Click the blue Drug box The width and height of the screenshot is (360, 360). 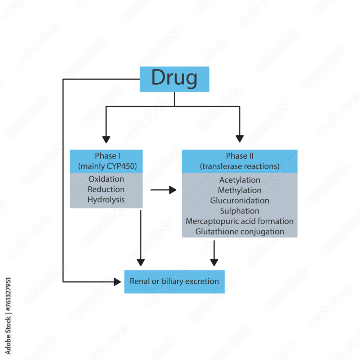174,79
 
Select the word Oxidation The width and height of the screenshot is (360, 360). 106,179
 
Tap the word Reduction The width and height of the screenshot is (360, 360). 106,189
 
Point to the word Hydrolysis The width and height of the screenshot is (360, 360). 106,200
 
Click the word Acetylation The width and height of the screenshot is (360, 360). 240,180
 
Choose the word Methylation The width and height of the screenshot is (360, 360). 240,190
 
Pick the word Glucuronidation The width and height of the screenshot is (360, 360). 240,201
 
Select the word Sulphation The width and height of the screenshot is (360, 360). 240,211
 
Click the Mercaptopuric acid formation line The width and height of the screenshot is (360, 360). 240,221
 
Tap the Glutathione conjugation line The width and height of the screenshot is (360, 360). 240,231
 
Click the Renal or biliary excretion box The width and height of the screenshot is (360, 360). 174,282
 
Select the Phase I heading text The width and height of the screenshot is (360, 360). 106,156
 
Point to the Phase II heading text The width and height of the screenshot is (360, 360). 240,156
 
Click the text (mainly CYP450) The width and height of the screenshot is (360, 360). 106,166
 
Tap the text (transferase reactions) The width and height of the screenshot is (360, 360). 240,166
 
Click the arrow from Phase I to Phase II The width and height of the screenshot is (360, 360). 163,190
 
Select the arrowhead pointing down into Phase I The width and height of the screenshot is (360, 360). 106,139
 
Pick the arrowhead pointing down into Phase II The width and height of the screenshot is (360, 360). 240,139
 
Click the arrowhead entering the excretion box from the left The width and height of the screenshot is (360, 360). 117,282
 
